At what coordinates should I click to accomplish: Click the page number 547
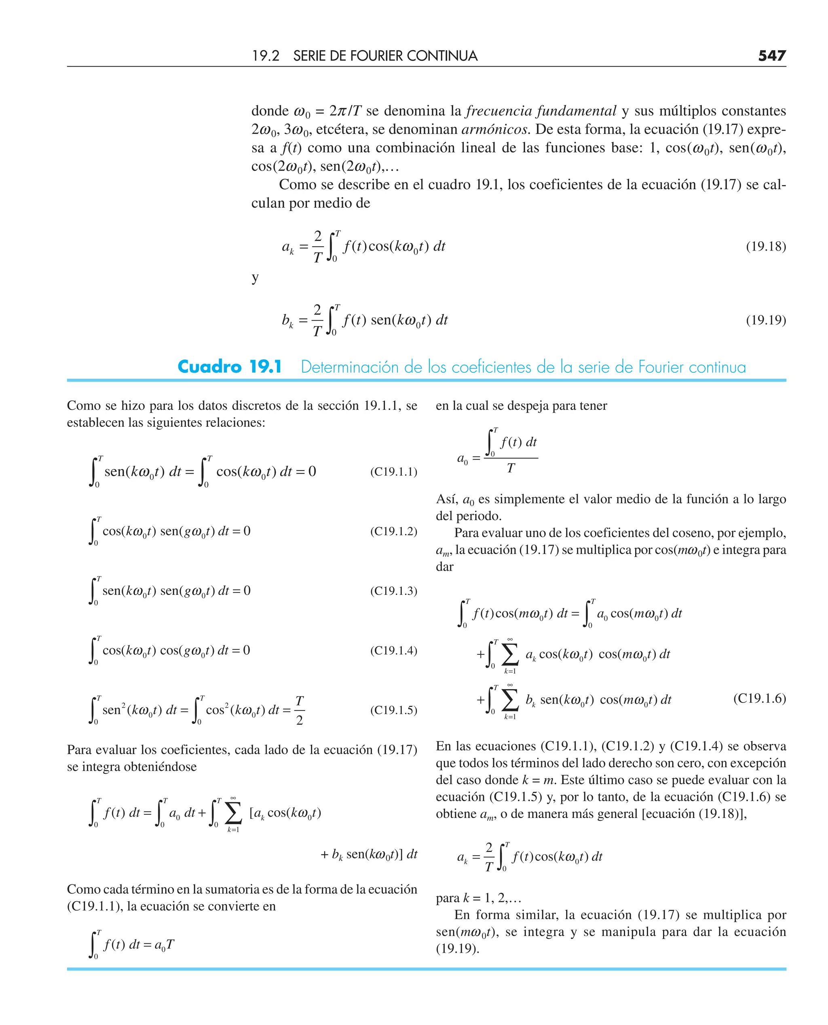coord(771,56)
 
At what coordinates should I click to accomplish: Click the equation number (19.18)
coord(765,246)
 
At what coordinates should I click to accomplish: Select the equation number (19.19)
coord(765,319)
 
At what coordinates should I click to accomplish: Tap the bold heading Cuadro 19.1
coord(229,367)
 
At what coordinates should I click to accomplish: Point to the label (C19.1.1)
coord(393,472)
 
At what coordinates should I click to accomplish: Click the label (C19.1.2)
coord(393,531)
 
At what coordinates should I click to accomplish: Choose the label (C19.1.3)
coord(393,591)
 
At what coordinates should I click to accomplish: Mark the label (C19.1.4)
coord(393,650)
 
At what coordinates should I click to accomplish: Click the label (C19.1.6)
coord(759,698)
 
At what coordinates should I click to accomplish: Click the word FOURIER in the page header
coord(376,56)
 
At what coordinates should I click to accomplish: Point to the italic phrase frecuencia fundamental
coord(541,111)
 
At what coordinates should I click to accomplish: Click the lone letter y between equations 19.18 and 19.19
coord(255,277)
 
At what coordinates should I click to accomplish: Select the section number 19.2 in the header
coord(265,56)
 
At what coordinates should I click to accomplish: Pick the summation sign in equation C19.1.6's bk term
coord(510,700)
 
